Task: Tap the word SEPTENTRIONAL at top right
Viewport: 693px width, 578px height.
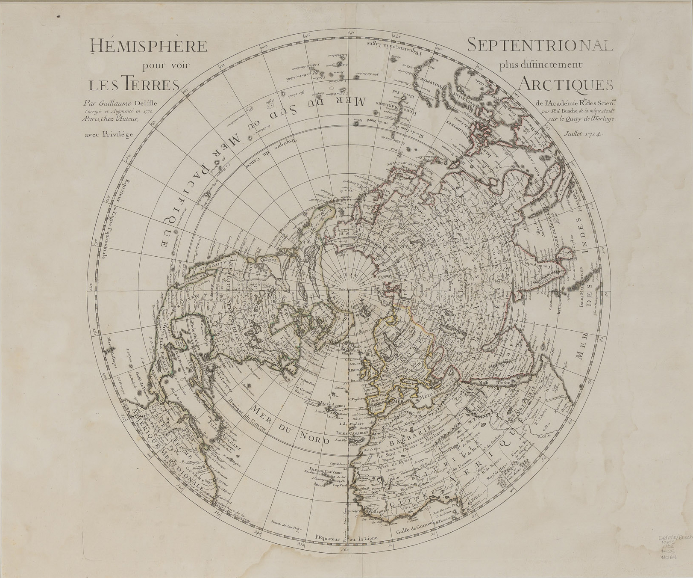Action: click(540, 45)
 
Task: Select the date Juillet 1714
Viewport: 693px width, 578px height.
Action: click(583, 133)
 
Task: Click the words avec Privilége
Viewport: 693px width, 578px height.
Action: click(109, 134)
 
